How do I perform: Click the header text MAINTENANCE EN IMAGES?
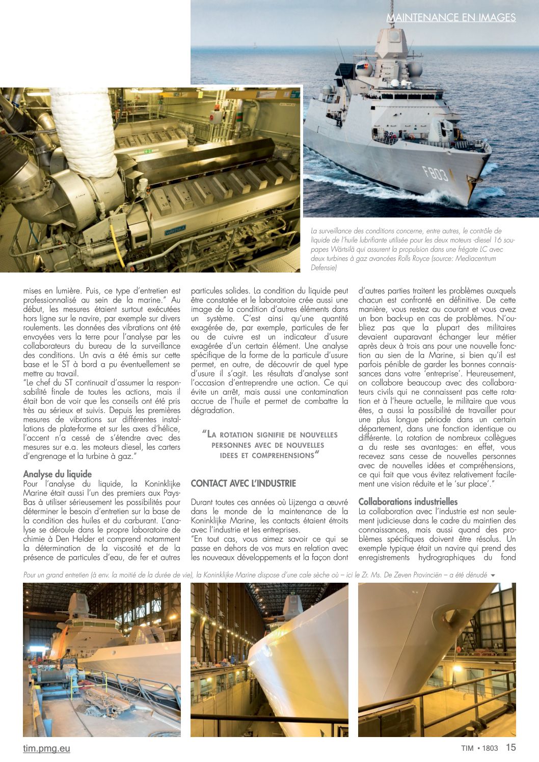click(451, 17)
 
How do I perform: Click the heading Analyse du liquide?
click(58, 474)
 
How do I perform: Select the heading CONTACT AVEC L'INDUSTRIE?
click(243, 483)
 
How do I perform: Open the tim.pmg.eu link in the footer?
click(46, 748)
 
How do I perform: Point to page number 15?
click(510, 748)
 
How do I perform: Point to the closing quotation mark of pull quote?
click(317, 454)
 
